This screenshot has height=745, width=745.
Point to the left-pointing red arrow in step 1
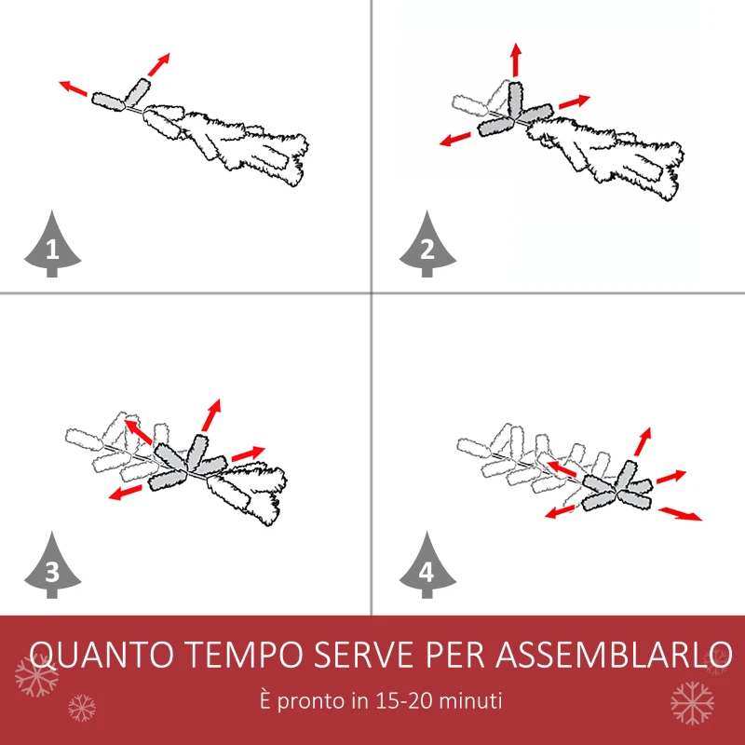[x=74, y=88]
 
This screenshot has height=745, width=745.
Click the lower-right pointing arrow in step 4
[x=681, y=513]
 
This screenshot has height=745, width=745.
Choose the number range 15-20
[x=406, y=700]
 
